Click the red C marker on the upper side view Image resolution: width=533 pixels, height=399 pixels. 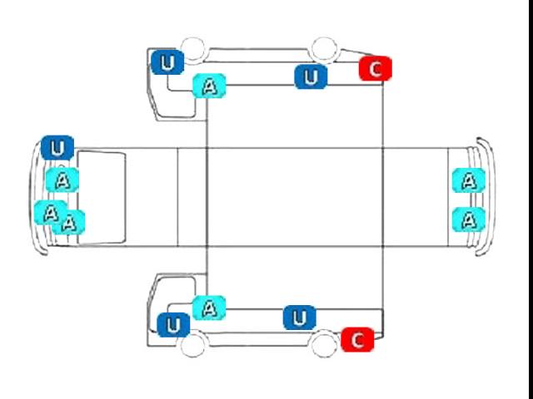(x=376, y=69)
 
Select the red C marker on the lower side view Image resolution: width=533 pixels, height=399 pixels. (x=357, y=340)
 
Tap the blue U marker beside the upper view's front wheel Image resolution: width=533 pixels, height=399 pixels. (x=167, y=62)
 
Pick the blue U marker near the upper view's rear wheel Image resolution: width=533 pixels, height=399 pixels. (x=311, y=76)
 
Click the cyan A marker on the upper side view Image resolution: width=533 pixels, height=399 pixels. (x=209, y=86)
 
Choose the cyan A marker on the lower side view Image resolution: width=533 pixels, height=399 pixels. (x=209, y=308)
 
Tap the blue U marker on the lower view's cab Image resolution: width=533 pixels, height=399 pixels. (x=173, y=325)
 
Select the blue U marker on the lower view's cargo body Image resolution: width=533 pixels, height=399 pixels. (x=300, y=318)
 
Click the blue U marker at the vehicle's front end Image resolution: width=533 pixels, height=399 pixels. (x=57, y=148)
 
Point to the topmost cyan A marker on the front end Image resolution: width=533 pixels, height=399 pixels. (x=62, y=180)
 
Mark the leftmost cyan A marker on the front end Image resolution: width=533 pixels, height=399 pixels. (x=51, y=213)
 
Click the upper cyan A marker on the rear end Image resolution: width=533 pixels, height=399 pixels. (x=469, y=180)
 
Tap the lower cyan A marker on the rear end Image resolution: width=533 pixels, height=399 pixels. (x=469, y=219)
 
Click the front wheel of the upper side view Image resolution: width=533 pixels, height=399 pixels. (x=193, y=50)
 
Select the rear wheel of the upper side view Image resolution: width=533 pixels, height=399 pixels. (x=324, y=50)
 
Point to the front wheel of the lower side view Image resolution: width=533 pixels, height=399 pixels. (x=192, y=345)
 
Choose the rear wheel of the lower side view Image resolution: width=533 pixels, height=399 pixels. (x=324, y=345)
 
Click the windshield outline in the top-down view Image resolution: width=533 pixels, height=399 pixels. (x=77, y=198)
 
